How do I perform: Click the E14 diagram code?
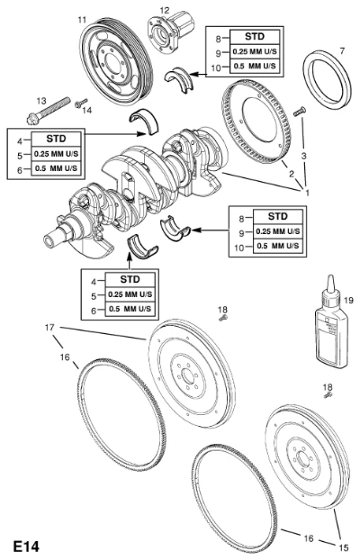[x=26, y=546]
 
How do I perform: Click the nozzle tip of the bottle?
[x=330, y=276]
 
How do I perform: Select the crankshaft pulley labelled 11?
[x=116, y=60]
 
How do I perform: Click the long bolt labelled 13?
[x=49, y=111]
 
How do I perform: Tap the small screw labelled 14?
[x=81, y=104]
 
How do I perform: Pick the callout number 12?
[x=165, y=11]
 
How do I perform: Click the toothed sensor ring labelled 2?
[x=256, y=122]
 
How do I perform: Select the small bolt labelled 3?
[x=300, y=112]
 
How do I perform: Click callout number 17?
[x=49, y=327]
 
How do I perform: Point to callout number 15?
[x=343, y=547]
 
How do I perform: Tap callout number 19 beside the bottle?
[x=348, y=301]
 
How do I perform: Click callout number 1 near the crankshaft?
[x=306, y=192]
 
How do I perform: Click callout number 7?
[x=342, y=51]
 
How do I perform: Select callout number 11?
[x=82, y=19]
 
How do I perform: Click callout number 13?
[x=41, y=101]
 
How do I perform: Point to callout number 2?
[x=292, y=174]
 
